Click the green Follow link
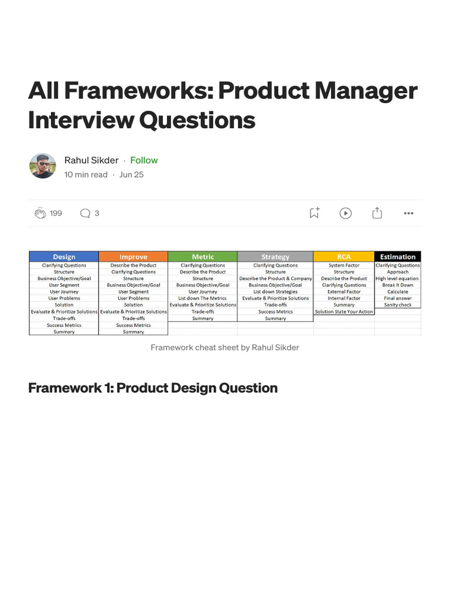(144, 160)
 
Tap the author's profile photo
(43, 166)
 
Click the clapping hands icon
(40, 213)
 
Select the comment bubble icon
(85, 213)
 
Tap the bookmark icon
(315, 213)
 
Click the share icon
(377, 213)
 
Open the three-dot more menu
(408, 213)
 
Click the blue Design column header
(64, 257)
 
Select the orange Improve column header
(134, 257)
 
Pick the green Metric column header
(203, 257)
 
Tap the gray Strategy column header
(275, 257)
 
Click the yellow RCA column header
(344, 257)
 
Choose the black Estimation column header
(398, 257)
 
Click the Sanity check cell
(398, 305)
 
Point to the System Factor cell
(344, 265)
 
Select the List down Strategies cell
(275, 292)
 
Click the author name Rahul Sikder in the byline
(91, 160)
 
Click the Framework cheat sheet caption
(225, 347)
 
